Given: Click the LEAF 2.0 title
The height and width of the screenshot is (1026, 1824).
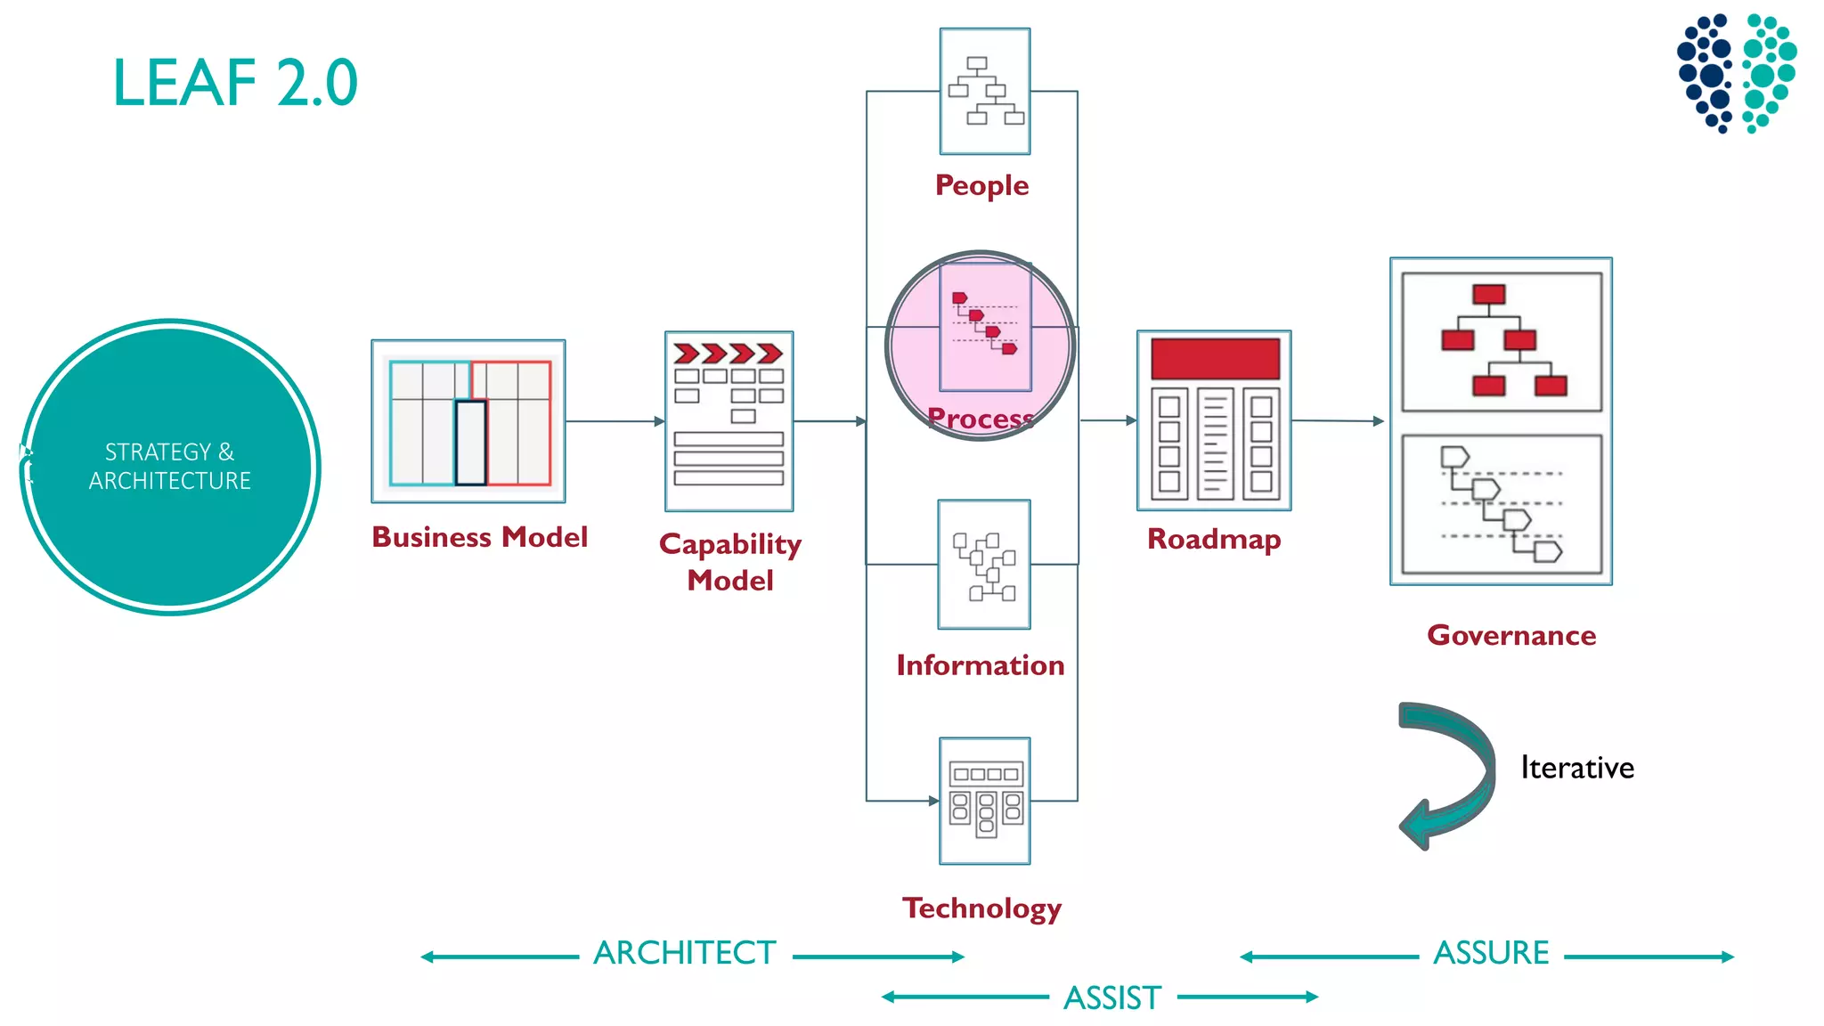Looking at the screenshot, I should click(235, 83).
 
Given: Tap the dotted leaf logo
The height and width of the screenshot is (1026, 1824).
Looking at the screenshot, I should click(1736, 73).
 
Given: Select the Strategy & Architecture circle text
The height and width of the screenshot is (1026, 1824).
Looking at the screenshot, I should click(169, 467).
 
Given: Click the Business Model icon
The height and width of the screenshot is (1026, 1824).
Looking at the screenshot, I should click(468, 421).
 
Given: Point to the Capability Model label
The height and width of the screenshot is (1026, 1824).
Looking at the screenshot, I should click(730, 562).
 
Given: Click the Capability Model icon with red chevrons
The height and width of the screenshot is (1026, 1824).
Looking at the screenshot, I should click(729, 420).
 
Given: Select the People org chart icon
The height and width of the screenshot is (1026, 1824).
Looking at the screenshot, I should click(985, 91).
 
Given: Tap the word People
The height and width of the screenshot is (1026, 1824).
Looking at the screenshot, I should click(981, 185).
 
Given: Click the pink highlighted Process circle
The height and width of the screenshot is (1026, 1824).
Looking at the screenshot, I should click(981, 345).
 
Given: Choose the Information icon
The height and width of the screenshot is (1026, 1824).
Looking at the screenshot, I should click(984, 565).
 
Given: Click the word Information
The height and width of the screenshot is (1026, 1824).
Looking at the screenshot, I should click(980, 665).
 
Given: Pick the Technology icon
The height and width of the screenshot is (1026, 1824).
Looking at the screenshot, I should click(985, 800).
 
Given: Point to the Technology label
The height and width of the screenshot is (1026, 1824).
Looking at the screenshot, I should click(981, 908).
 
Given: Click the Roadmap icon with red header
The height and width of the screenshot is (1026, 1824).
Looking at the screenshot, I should click(1214, 420).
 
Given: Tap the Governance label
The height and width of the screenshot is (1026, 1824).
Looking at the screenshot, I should click(1511, 635).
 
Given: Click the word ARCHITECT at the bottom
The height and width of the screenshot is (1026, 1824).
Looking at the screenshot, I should click(685, 953).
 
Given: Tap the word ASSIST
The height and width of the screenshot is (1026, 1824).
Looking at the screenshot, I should click(1112, 997).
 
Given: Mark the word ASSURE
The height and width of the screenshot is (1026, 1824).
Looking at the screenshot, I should click(1491, 953).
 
